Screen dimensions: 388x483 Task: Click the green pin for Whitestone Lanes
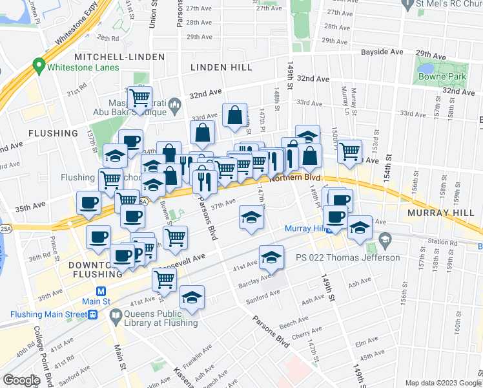[38, 67]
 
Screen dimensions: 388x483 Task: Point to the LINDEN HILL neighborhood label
[221, 67]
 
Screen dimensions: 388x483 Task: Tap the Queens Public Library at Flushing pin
[116, 316]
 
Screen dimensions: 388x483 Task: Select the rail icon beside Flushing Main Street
[93, 315]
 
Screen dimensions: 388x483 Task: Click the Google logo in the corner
[21, 380]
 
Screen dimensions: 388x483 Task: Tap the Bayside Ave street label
[382, 52]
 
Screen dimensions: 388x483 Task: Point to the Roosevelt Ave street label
[182, 258]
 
